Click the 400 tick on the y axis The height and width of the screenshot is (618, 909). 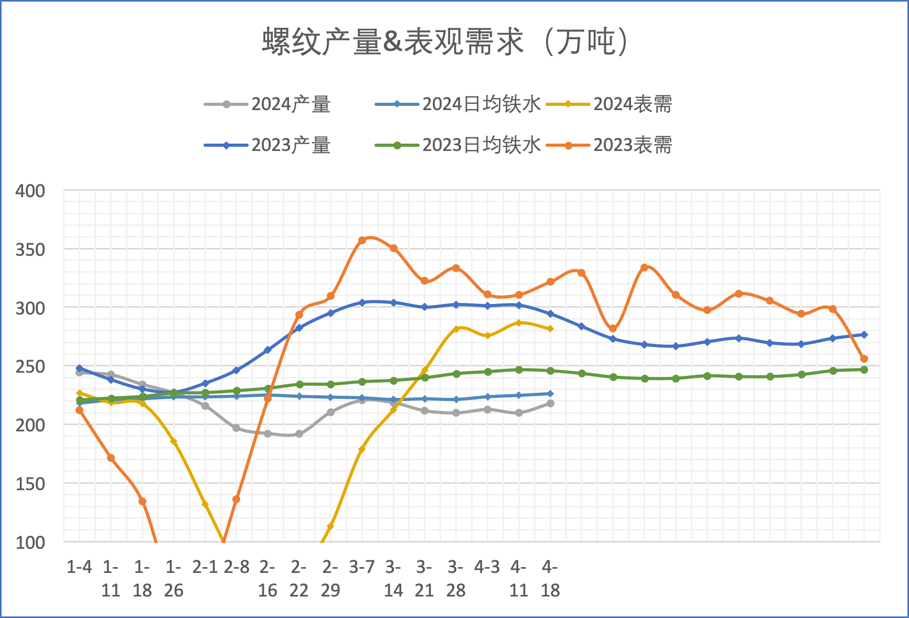(x=30, y=191)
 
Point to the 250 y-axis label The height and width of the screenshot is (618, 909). (x=30, y=366)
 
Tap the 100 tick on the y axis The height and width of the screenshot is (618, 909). (x=30, y=543)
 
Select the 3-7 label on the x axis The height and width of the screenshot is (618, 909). (x=362, y=567)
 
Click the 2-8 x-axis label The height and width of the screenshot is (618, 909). (x=237, y=567)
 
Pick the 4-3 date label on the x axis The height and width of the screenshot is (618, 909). (x=487, y=567)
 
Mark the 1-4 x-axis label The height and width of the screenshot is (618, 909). (x=79, y=567)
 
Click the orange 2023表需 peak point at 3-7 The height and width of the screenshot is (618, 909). (x=362, y=240)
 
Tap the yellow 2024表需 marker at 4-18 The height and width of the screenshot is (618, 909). (x=550, y=329)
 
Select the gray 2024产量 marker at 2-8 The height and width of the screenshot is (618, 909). (x=237, y=428)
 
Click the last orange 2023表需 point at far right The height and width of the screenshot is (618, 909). (x=864, y=359)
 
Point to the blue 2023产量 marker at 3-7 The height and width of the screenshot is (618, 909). (x=362, y=302)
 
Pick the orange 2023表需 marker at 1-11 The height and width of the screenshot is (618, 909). (x=111, y=458)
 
